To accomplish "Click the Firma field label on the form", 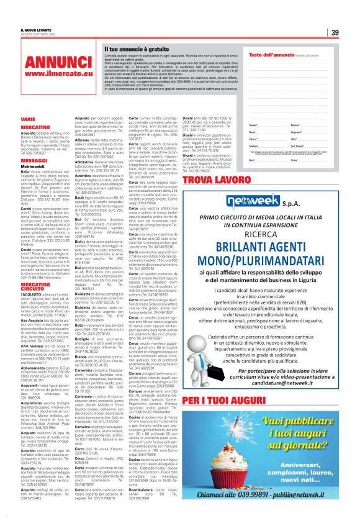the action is click(294, 160).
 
